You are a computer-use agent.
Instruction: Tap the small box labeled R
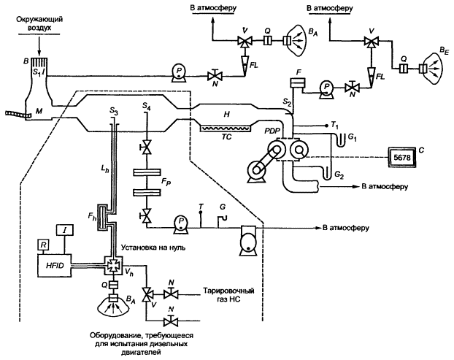click(45, 243)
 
